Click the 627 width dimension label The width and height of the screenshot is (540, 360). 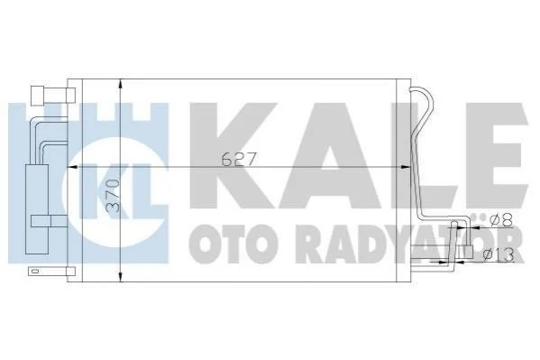(x=239, y=160)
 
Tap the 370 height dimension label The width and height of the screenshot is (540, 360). (x=113, y=196)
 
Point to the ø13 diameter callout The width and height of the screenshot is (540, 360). (x=499, y=254)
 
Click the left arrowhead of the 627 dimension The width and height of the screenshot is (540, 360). (x=70, y=167)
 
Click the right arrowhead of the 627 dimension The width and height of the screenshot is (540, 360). (x=407, y=167)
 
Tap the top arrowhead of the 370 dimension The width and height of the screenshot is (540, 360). (x=120, y=84)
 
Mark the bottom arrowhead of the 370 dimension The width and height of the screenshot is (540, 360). (x=120, y=277)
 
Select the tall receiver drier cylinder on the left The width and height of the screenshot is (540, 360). (x=37, y=209)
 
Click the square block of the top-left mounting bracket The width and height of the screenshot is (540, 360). (x=38, y=96)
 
